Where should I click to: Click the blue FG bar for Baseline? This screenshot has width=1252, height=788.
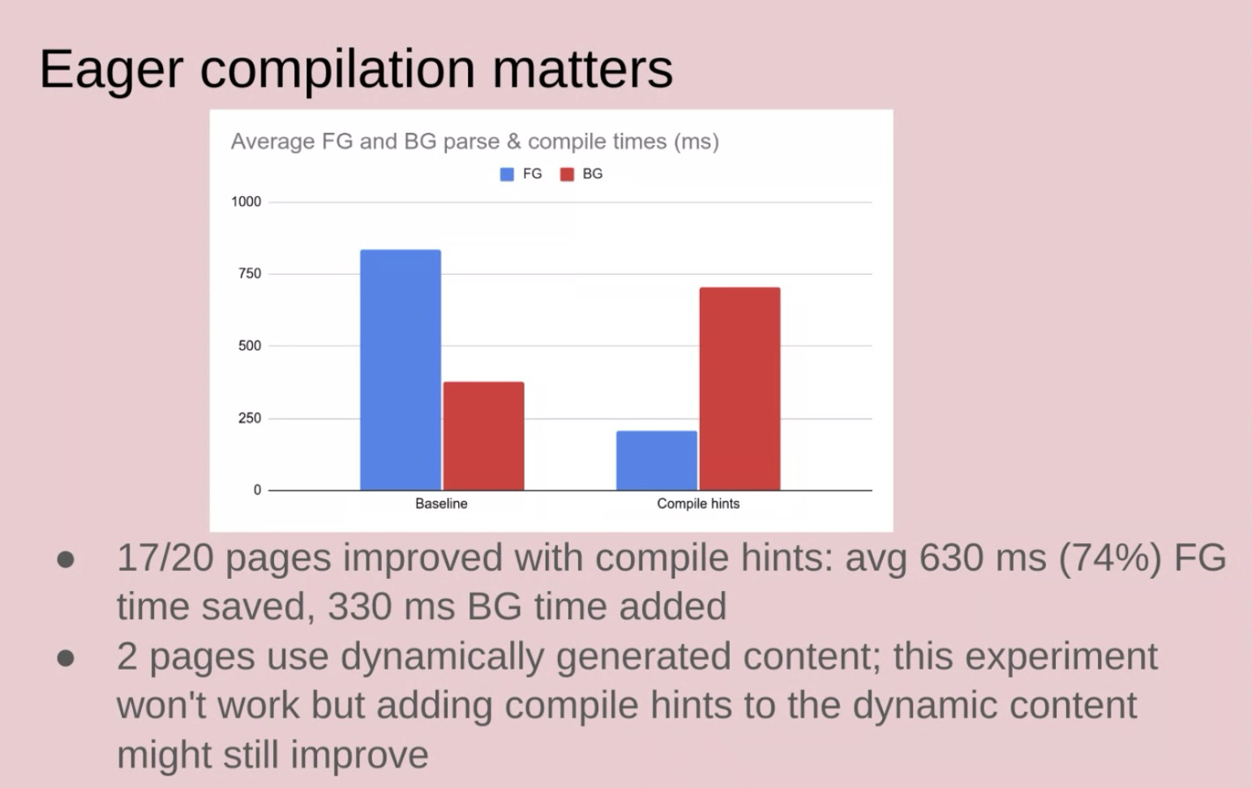401,370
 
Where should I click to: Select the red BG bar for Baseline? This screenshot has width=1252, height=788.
483,436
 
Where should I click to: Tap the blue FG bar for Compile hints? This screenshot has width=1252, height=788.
657,460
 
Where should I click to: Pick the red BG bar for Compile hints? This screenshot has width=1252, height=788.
740,389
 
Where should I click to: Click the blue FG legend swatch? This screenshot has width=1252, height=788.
507,174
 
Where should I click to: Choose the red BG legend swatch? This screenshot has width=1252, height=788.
567,174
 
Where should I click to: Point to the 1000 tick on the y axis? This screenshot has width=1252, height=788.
246,202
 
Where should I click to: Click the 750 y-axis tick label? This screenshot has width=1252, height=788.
249,274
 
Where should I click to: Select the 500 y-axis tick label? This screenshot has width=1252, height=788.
249,346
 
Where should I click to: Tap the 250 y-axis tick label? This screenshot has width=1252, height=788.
249,418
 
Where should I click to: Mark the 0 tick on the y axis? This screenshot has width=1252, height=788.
257,490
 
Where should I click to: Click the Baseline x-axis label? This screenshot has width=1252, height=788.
441,503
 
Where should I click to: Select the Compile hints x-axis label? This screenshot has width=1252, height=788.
698,503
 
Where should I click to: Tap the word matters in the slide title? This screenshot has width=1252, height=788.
582,69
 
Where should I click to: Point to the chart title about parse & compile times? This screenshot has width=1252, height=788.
474,142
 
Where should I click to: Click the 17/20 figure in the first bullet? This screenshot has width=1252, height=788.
165,558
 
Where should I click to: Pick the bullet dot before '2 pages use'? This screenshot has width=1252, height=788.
66,658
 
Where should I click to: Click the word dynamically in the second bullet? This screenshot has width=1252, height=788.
442,658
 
